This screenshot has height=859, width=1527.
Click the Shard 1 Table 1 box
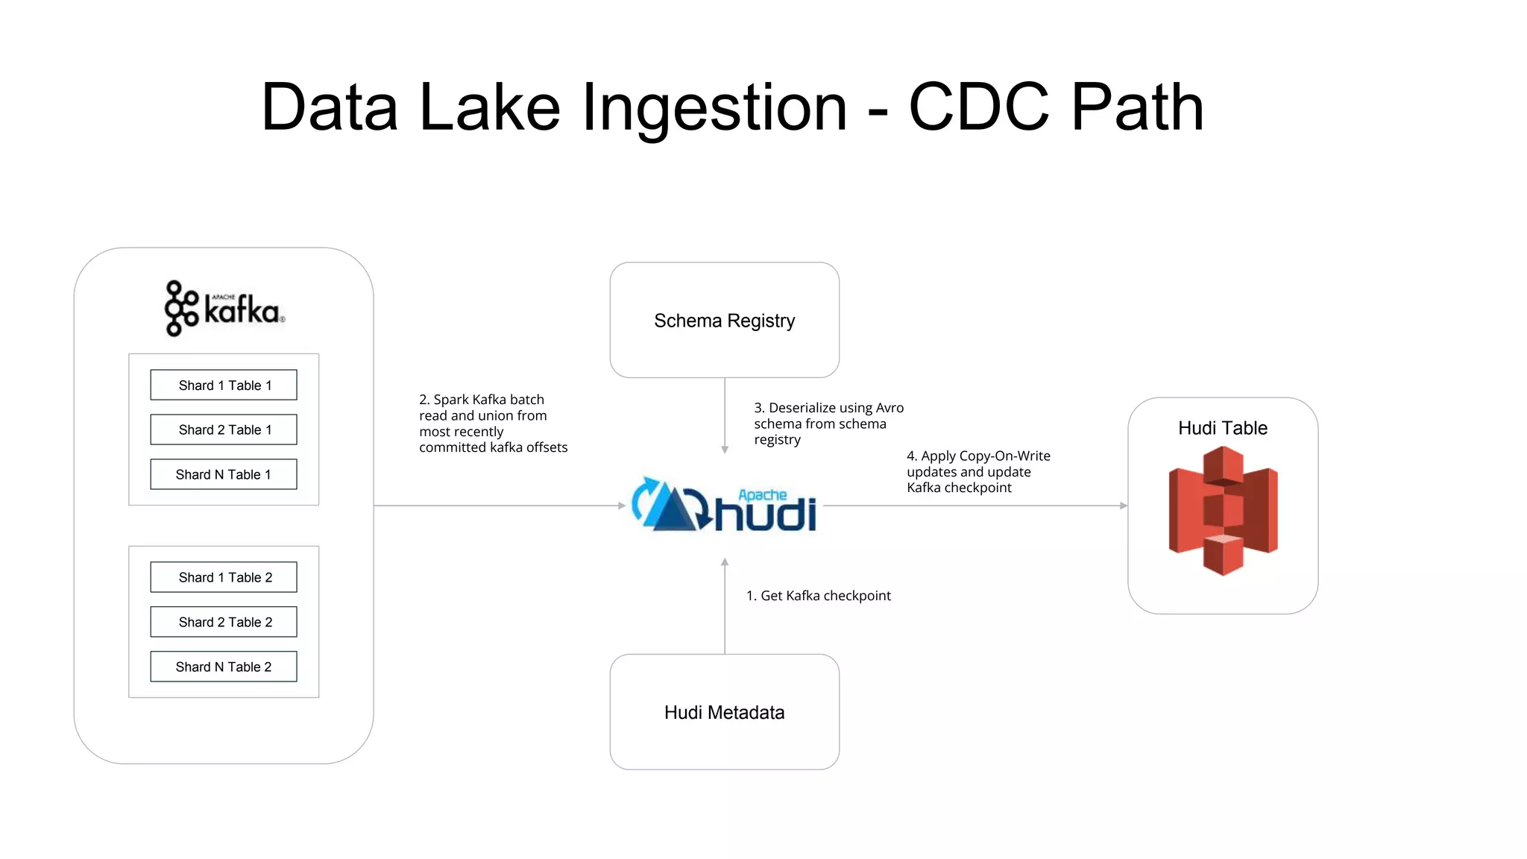(x=224, y=385)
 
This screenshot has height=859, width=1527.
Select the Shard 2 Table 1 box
(x=224, y=429)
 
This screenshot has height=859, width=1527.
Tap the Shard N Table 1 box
(x=224, y=474)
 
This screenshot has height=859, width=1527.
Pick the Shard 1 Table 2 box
(x=224, y=577)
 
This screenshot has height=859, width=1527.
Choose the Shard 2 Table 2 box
(x=224, y=622)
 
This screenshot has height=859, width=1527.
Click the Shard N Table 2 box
(x=224, y=667)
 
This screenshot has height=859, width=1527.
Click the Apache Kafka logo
(x=224, y=309)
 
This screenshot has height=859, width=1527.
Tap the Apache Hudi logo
(x=724, y=506)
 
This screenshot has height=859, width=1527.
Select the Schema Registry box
(x=724, y=320)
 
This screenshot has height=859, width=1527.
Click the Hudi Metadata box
(x=724, y=712)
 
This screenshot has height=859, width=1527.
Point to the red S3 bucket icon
(x=1223, y=511)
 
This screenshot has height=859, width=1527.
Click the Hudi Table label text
(x=1223, y=428)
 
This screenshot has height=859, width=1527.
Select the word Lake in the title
(x=490, y=107)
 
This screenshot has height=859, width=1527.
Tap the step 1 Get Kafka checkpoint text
(x=818, y=596)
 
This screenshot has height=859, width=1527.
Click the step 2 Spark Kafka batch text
(x=492, y=424)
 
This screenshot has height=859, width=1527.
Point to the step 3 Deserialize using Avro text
(x=828, y=424)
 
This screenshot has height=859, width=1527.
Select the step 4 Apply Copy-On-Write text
(x=977, y=471)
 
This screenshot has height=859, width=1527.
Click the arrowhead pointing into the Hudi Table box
(x=1124, y=506)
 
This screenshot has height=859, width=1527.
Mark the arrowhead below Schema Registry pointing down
(x=725, y=450)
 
